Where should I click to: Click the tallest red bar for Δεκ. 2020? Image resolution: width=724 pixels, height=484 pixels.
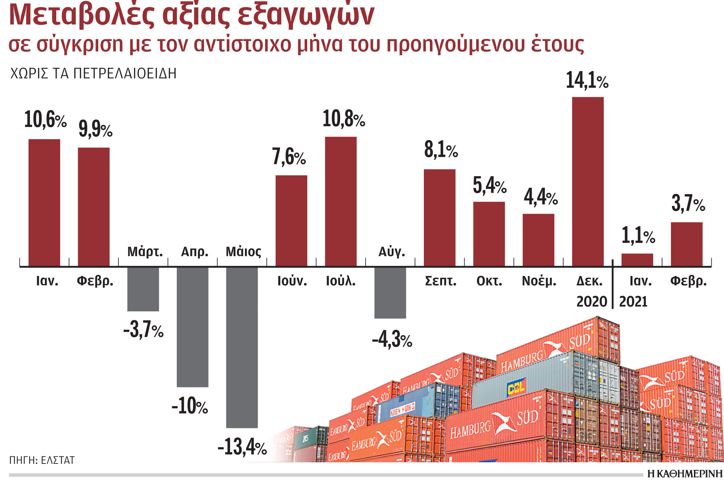coord(588,181)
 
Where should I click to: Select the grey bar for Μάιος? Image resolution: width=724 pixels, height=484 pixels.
coord(242,347)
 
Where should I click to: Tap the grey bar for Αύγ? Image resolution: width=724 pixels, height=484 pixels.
coord(390,293)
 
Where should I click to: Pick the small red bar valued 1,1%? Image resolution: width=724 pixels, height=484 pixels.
coord(637,260)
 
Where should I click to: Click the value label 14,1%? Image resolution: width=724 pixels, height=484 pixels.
coord(587,81)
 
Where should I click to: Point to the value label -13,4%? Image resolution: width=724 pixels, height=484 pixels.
coord(242,447)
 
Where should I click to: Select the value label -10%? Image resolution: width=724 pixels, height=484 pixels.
coord(190,406)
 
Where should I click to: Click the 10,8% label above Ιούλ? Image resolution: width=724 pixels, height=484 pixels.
coord(344,119)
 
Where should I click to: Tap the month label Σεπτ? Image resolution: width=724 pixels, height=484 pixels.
coord(440,281)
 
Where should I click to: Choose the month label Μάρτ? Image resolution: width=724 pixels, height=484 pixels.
coord(145,252)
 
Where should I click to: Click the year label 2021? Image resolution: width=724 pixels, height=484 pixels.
coord(633,302)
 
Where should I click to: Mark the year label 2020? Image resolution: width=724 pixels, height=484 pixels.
coord(591,302)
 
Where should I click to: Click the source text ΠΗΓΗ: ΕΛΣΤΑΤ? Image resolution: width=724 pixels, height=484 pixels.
coord(42,460)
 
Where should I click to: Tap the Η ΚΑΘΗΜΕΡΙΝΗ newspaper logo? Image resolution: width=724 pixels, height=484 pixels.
coord(685,474)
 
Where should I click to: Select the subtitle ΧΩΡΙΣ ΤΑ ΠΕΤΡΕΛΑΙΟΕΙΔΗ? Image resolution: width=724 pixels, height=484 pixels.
coord(93,74)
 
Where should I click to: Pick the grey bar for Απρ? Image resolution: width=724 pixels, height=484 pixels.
coord(192,327)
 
